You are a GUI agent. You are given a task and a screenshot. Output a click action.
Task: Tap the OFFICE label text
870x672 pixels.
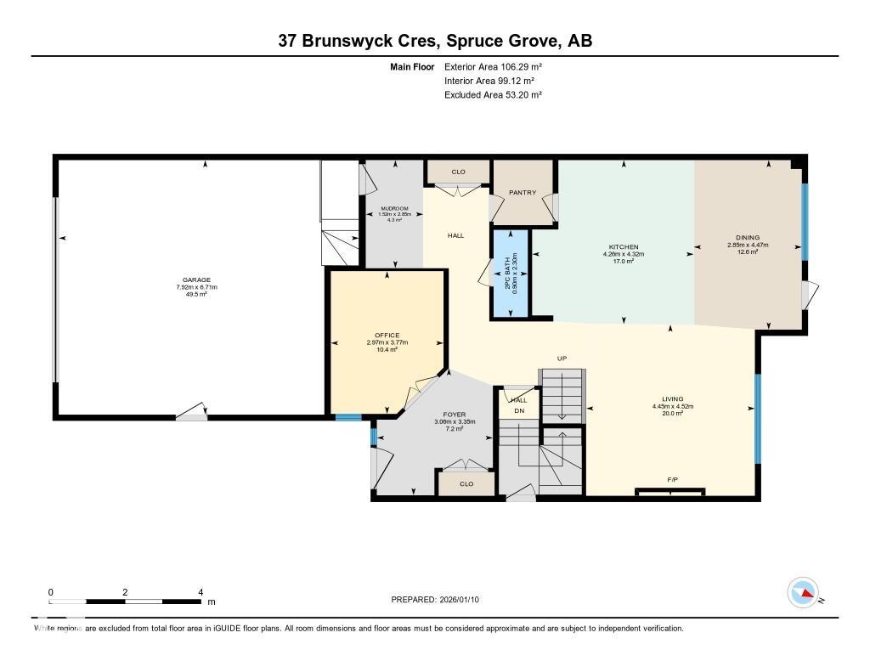[x=387, y=336]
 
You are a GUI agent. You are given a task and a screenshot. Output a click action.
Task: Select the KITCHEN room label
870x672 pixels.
[x=623, y=247]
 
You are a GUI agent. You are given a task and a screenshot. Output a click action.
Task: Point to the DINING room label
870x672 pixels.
[x=748, y=238]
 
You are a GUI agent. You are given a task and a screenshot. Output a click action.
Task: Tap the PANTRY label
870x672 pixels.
[x=522, y=193]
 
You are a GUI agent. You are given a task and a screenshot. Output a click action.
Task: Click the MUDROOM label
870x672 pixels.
[x=394, y=208]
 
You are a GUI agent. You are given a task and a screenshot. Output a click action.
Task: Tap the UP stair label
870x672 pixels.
[x=562, y=359]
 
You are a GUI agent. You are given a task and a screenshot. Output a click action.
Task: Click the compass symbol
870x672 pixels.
[x=803, y=592]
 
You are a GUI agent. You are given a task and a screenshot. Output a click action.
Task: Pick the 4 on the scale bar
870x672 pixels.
[x=201, y=592]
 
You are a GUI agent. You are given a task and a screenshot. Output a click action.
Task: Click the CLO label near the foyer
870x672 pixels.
[x=466, y=484]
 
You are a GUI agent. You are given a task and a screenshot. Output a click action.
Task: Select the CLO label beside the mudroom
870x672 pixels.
[x=458, y=172]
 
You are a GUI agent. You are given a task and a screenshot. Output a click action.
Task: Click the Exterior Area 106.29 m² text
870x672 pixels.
[x=493, y=66]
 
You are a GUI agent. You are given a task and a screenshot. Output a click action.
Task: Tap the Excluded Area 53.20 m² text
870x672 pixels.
[x=493, y=95]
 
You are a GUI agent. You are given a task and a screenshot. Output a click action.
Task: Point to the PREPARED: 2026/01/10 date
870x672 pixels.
[x=440, y=600]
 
